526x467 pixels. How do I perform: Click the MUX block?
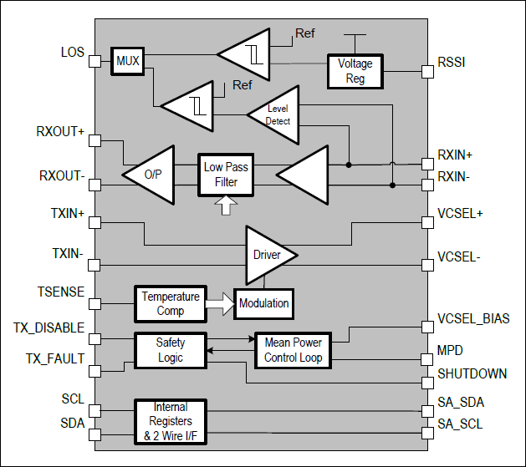pos(128,61)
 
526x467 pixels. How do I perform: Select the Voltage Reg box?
pos(355,71)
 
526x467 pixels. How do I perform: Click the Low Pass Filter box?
pos(225,175)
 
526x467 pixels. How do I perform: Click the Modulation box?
pos(264,303)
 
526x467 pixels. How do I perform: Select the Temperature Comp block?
pos(170,303)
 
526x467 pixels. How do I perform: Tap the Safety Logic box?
pos(170,350)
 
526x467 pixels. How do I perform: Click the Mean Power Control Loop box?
pos(293,350)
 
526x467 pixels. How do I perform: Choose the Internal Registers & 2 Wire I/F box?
pos(170,420)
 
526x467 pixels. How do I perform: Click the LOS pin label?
pos(73,53)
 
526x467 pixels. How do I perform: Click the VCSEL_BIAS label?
pos(473,319)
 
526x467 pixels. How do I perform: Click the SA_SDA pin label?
pos(461,403)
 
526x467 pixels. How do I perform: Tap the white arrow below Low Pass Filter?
pos(223,205)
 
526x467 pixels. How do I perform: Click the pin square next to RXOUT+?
pos(95,141)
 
